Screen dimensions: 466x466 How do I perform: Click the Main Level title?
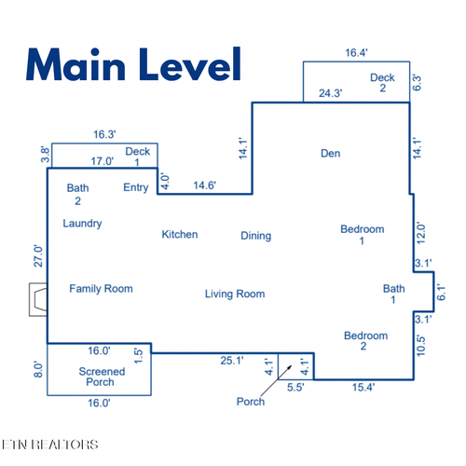[x=133, y=64]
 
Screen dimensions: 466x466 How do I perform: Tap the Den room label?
[x=330, y=154]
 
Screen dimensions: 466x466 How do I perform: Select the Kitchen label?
[x=180, y=234]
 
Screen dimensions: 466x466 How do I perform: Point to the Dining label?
[x=256, y=236]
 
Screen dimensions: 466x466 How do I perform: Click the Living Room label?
[x=235, y=294]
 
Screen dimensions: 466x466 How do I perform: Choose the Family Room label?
[x=101, y=289]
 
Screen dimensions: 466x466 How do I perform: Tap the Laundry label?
[x=82, y=224]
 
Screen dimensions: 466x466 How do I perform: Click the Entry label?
[x=136, y=187]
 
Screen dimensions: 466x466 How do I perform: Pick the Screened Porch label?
[x=102, y=377]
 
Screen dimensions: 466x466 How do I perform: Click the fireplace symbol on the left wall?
[x=38, y=299]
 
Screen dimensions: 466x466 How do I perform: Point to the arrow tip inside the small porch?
[x=292, y=365]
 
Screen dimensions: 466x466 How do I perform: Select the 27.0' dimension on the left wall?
[x=38, y=256]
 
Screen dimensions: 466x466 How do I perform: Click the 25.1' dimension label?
[x=232, y=361]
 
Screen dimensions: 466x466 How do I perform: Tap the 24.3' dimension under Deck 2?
[x=331, y=93]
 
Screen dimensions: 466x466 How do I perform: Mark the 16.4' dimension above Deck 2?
[x=356, y=53]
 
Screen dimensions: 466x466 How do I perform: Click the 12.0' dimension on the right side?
[x=420, y=233]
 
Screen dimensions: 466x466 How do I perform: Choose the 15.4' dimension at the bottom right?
[x=363, y=388]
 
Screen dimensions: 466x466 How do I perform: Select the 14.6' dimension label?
[x=204, y=185]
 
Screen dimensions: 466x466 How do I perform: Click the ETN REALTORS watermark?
[x=49, y=445]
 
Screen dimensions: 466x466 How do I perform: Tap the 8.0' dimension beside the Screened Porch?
[x=38, y=369]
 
